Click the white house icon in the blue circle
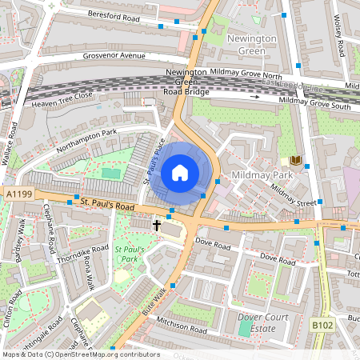180,172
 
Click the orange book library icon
297,161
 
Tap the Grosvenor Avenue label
114,56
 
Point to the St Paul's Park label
127,254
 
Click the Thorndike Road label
82,254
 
